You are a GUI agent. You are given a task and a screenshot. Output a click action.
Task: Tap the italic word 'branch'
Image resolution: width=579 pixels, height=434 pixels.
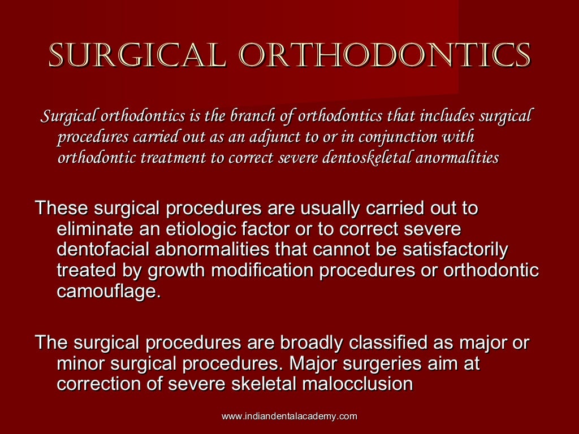click(x=251, y=117)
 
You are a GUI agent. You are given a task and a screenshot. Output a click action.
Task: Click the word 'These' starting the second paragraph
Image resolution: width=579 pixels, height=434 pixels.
click(x=60, y=208)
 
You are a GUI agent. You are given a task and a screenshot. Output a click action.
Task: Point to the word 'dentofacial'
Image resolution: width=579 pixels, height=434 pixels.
click(x=105, y=250)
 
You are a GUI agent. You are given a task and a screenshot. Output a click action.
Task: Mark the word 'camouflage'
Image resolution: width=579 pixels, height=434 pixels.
click(x=106, y=292)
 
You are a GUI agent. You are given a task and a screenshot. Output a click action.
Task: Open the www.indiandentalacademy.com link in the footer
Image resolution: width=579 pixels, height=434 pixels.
click(x=289, y=416)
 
